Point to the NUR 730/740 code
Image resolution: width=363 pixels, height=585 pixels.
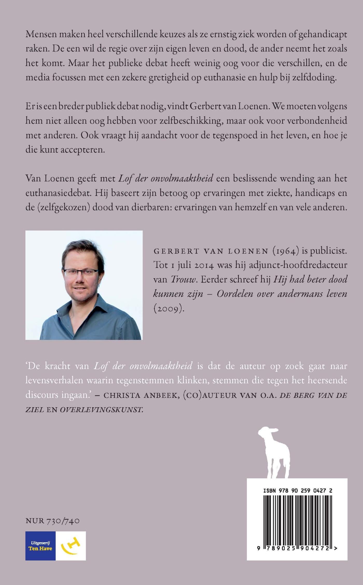click(53, 521)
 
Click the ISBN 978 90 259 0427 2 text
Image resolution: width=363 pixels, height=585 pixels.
click(298, 490)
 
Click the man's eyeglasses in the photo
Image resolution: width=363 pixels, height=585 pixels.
click(81, 272)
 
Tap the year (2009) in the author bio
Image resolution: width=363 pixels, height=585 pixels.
click(169, 309)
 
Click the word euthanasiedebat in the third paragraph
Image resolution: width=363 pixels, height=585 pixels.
click(58, 193)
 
